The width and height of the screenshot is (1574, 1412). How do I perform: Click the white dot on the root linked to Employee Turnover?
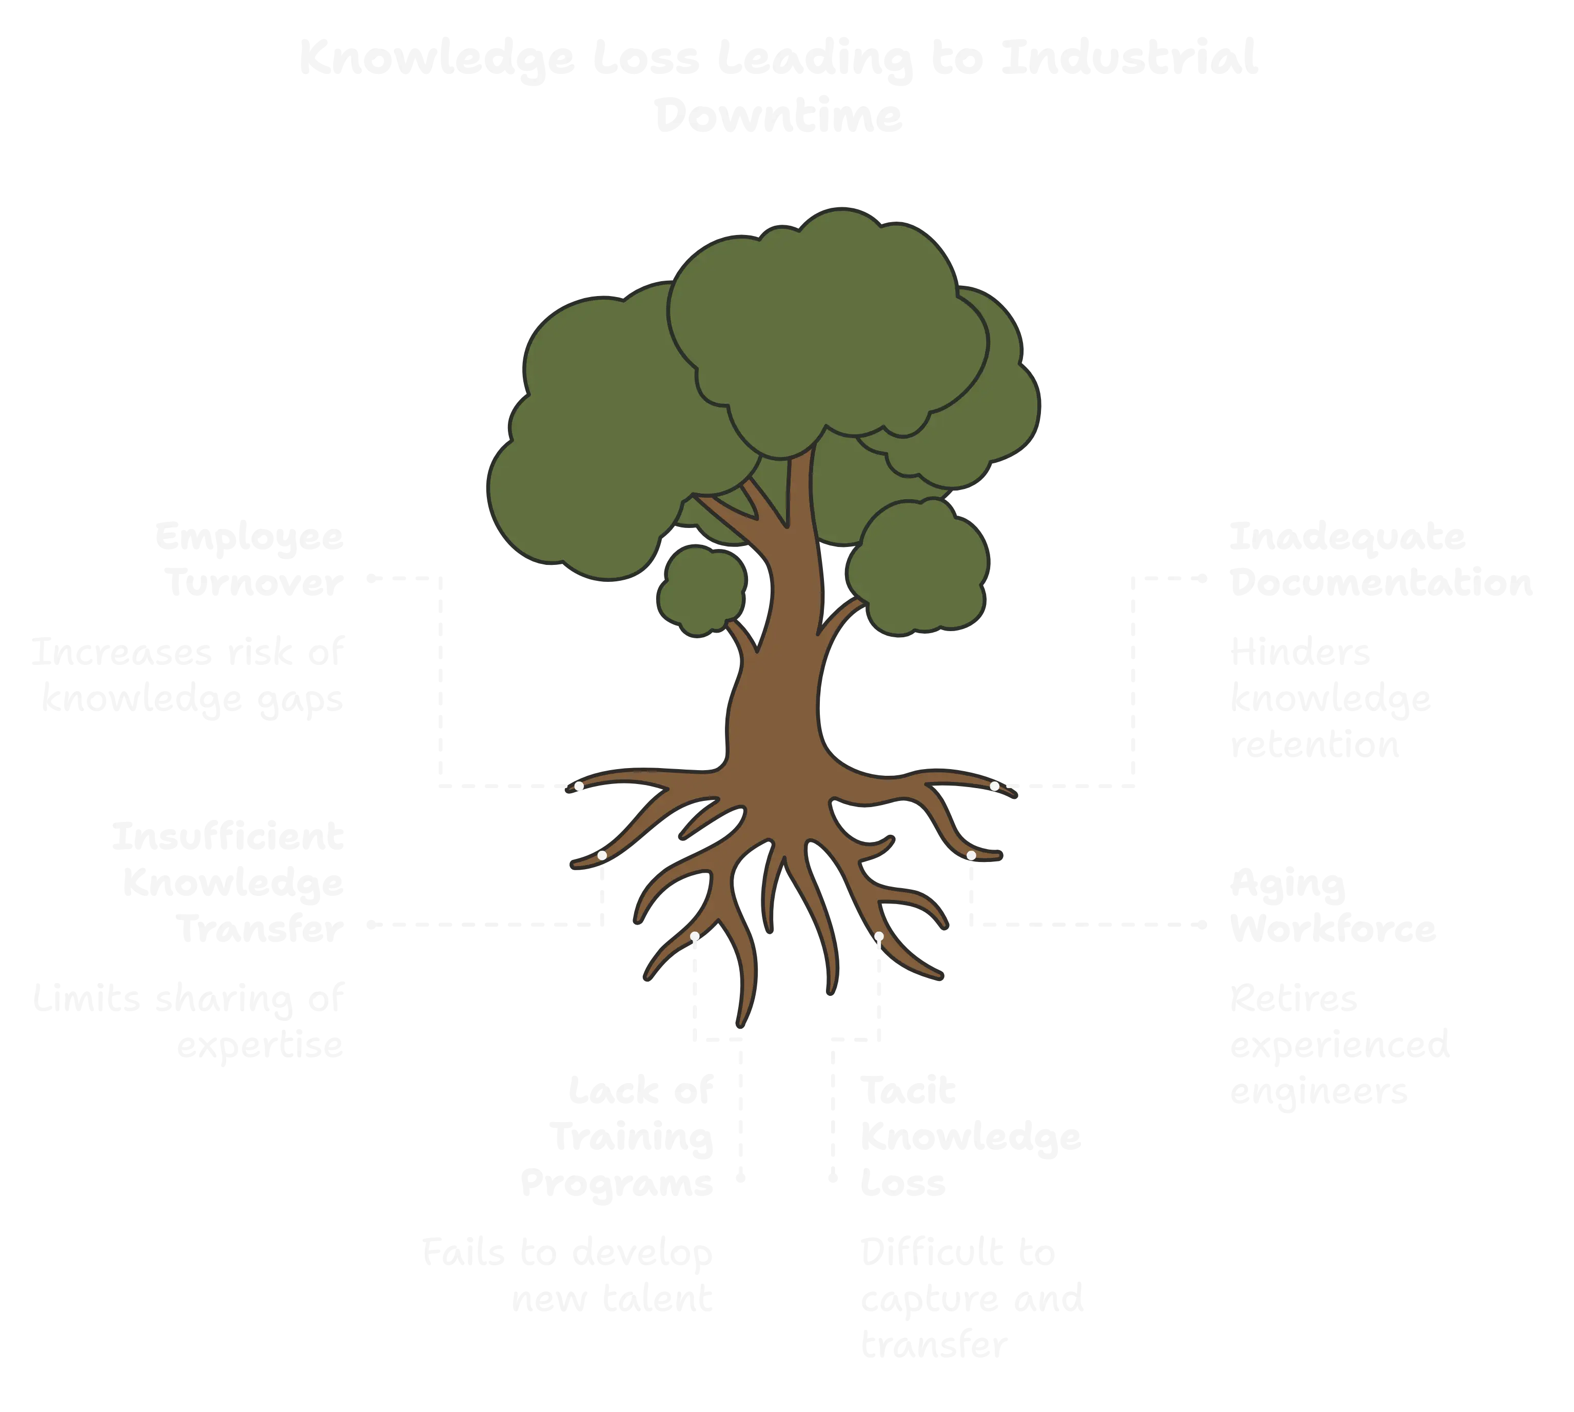tap(579, 786)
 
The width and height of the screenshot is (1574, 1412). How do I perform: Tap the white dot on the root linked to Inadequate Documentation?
tap(994, 786)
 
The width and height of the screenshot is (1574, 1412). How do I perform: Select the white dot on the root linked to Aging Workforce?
tap(971, 855)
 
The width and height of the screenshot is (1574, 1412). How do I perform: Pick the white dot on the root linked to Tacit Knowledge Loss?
tap(879, 936)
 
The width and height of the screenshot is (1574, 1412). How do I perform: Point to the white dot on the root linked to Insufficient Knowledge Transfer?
tap(602, 855)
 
